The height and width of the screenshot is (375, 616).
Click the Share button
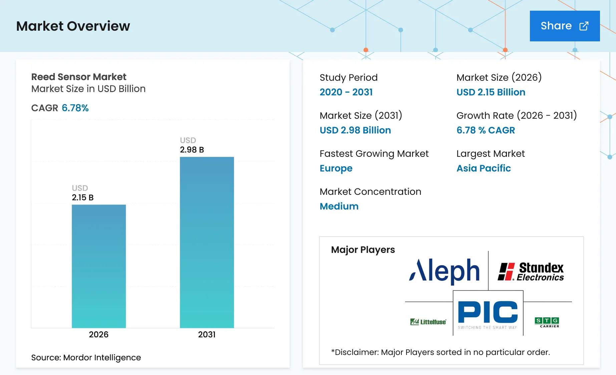tap(565, 26)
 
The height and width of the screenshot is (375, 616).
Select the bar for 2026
tap(99, 266)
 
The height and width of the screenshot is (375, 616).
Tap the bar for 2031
tap(207, 242)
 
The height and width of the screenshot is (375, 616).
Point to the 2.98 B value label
tap(192, 150)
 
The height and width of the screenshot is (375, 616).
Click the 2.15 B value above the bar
tap(83, 198)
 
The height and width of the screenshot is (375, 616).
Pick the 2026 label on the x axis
tap(99, 335)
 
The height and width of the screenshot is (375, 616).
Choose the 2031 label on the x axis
tap(207, 335)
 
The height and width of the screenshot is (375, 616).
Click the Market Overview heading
tap(73, 26)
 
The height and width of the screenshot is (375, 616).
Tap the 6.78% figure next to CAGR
tap(75, 108)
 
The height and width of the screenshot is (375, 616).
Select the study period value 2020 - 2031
tap(346, 92)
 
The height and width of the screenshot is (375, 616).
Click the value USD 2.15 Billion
tap(491, 92)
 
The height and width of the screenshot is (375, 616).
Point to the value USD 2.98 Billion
tap(355, 130)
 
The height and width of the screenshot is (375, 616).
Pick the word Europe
tap(336, 168)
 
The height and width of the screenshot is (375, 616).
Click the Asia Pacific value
tap(484, 168)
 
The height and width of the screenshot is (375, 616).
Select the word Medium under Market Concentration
tap(339, 206)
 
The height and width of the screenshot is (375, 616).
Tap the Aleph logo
tap(444, 271)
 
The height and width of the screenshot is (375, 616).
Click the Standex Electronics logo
tap(531, 272)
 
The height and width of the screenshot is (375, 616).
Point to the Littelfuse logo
tap(428, 322)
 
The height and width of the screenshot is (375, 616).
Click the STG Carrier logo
tap(547, 322)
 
